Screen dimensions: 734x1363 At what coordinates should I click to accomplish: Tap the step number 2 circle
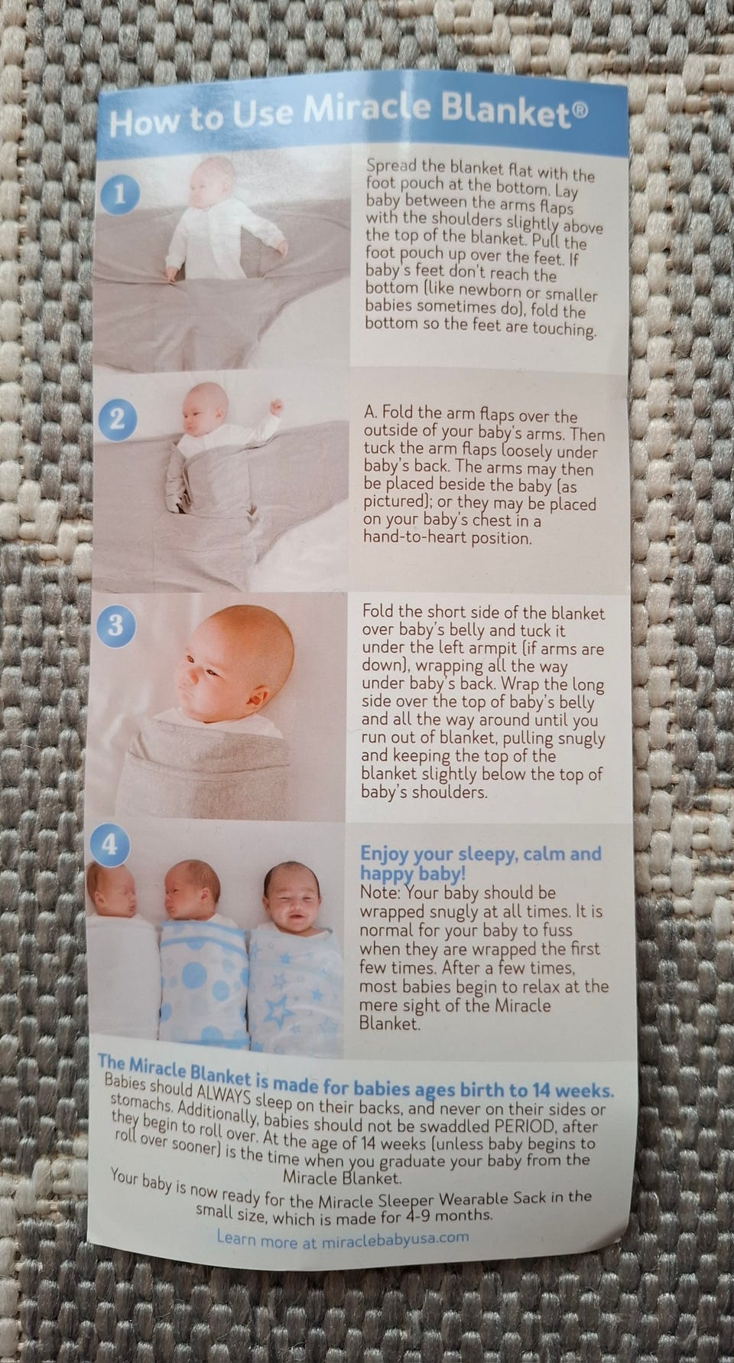(117, 419)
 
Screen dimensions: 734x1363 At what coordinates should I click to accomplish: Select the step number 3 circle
(115, 625)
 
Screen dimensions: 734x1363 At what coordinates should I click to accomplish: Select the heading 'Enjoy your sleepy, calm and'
(481, 854)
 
